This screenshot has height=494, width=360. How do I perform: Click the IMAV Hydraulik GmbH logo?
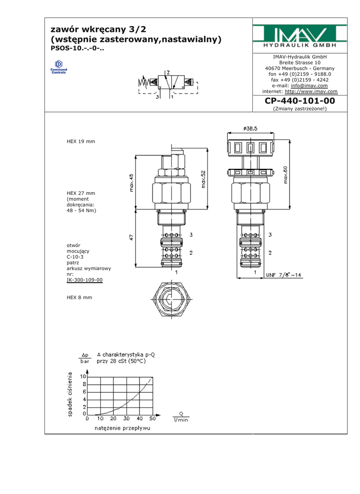pos(300,36)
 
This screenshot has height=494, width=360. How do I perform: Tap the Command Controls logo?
pos(59,67)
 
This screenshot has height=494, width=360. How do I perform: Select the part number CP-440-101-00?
pos(300,101)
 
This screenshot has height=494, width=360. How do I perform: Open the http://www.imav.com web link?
pos(311,91)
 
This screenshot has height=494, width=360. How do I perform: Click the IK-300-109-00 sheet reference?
pos(84,280)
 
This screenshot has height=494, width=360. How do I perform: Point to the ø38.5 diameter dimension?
pos(250,128)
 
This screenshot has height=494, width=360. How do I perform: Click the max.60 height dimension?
pos(286,175)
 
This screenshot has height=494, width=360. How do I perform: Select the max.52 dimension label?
pos(203,179)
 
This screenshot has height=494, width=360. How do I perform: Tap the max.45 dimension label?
pos(131,183)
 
